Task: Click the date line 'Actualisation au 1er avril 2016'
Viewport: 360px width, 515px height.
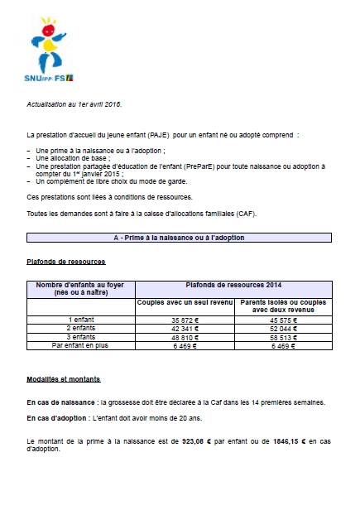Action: click(x=74, y=104)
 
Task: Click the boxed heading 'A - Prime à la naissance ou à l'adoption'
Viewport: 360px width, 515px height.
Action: click(x=179, y=238)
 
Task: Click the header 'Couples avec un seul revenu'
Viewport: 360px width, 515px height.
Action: click(x=184, y=302)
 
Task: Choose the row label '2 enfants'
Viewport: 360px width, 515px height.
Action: click(x=80, y=329)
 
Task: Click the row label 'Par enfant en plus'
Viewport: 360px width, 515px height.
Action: click(x=80, y=346)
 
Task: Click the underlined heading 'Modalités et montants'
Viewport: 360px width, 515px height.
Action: click(x=63, y=379)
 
